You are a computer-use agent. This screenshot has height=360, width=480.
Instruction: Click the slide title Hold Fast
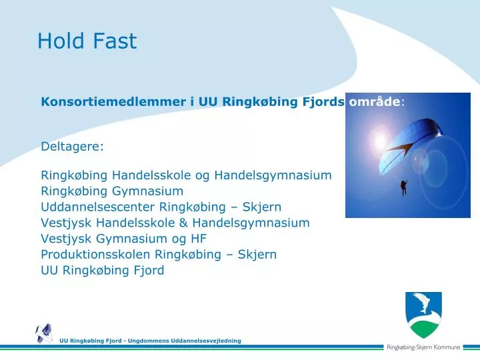click(87, 41)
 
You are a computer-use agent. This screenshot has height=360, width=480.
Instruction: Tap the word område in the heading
click(375, 102)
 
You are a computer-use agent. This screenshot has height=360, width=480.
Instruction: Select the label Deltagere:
click(72, 146)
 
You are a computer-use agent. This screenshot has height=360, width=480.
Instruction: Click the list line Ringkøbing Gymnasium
click(112, 191)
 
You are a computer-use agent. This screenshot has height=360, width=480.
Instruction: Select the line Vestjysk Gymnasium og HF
click(124, 239)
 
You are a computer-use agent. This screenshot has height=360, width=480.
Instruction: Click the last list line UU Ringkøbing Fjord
click(102, 271)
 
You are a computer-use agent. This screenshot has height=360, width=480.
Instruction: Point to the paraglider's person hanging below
click(403, 187)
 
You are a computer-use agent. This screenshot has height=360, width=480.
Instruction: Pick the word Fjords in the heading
click(325, 102)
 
